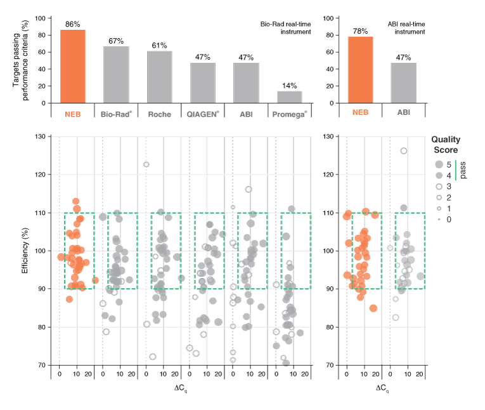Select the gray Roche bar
pos(159,77)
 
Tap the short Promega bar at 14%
pos(289,96)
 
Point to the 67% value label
pos(115,41)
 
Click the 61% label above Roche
pos(159,46)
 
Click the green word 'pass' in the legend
pos(463,171)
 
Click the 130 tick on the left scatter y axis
pos(41,136)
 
